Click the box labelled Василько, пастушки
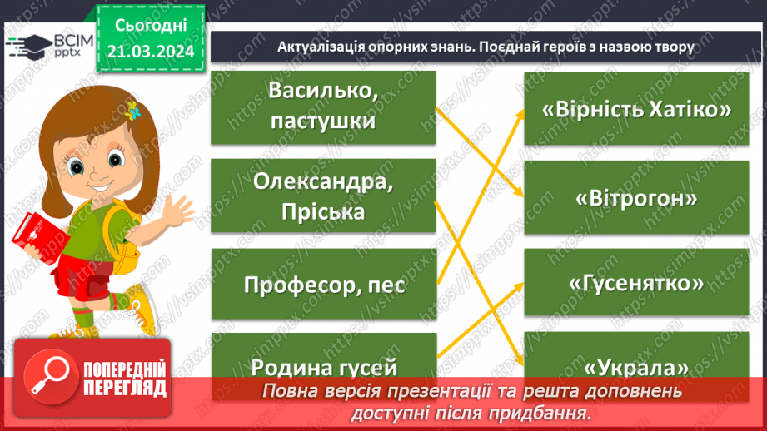[322, 107]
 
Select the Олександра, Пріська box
[322, 196]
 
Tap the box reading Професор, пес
[322, 284]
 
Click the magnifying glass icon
[47, 379]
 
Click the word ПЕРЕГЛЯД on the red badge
[125, 388]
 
